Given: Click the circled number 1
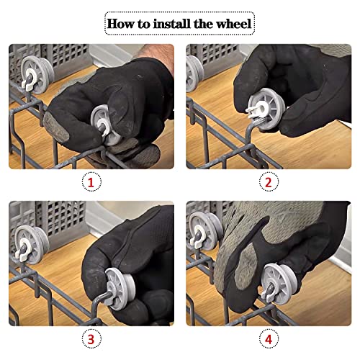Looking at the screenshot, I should (91, 181).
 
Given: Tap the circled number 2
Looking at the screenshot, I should (269, 181).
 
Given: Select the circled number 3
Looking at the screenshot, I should (91, 338).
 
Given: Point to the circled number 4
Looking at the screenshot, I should (269, 338).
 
